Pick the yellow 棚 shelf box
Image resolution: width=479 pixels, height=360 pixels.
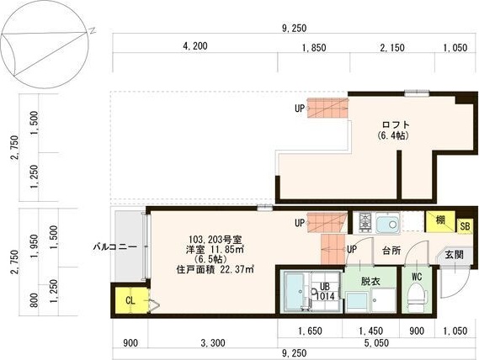point(439,221)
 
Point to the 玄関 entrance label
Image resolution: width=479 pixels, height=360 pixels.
point(454,253)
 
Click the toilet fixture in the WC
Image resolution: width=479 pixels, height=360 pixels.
point(416,295)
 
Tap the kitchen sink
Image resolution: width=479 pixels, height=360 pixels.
point(388,224)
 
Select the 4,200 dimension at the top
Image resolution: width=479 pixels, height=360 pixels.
point(194,47)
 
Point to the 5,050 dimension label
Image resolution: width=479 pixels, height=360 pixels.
point(372,343)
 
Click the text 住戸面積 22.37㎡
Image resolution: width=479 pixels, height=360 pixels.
point(216,269)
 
